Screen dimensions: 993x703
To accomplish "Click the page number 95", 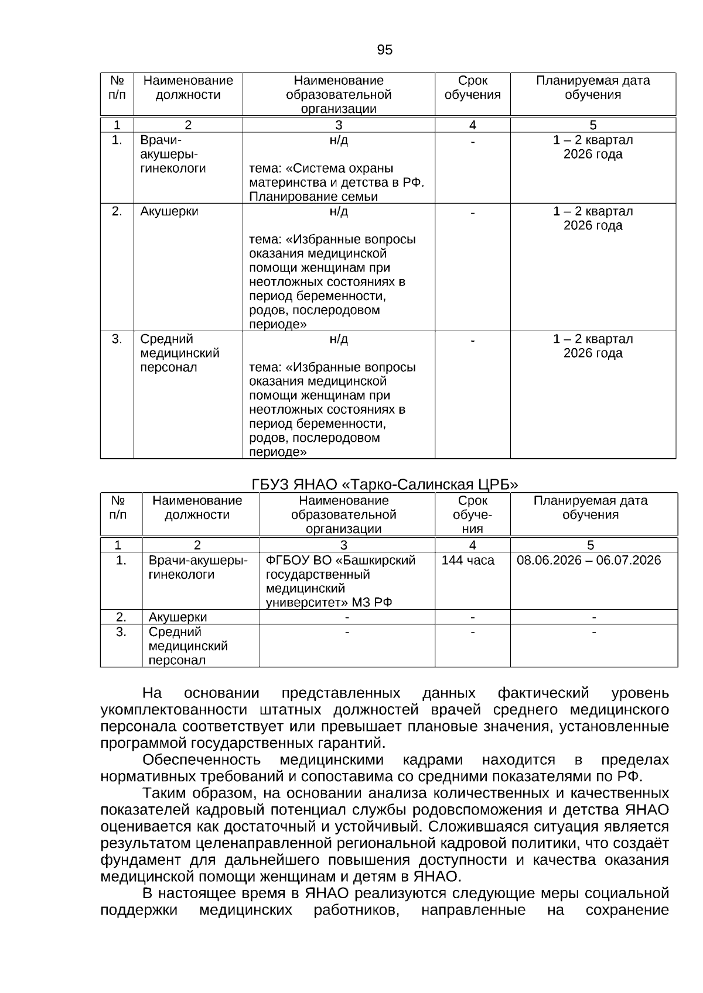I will [384, 50].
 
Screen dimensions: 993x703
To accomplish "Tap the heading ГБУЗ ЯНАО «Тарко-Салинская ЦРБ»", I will [385, 485].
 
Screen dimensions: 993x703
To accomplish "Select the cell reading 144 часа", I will [467, 561].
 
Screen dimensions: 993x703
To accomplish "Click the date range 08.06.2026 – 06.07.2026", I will [588, 561].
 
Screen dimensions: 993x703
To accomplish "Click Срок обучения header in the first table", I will [472, 88].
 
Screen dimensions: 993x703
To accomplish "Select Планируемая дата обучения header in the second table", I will [590, 508].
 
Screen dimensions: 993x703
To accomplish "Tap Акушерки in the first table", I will [169, 212].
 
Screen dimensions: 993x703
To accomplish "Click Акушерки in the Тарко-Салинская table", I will [178, 617].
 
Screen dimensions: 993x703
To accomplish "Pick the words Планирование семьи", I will [313, 197].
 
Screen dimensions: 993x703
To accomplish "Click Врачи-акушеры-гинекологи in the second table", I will [197, 568].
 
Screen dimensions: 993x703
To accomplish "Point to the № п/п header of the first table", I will [117, 88].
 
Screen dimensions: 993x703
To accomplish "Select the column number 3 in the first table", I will [338, 125].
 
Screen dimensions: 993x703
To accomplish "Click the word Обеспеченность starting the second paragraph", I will [201, 760].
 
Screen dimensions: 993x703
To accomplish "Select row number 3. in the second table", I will [121, 633].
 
